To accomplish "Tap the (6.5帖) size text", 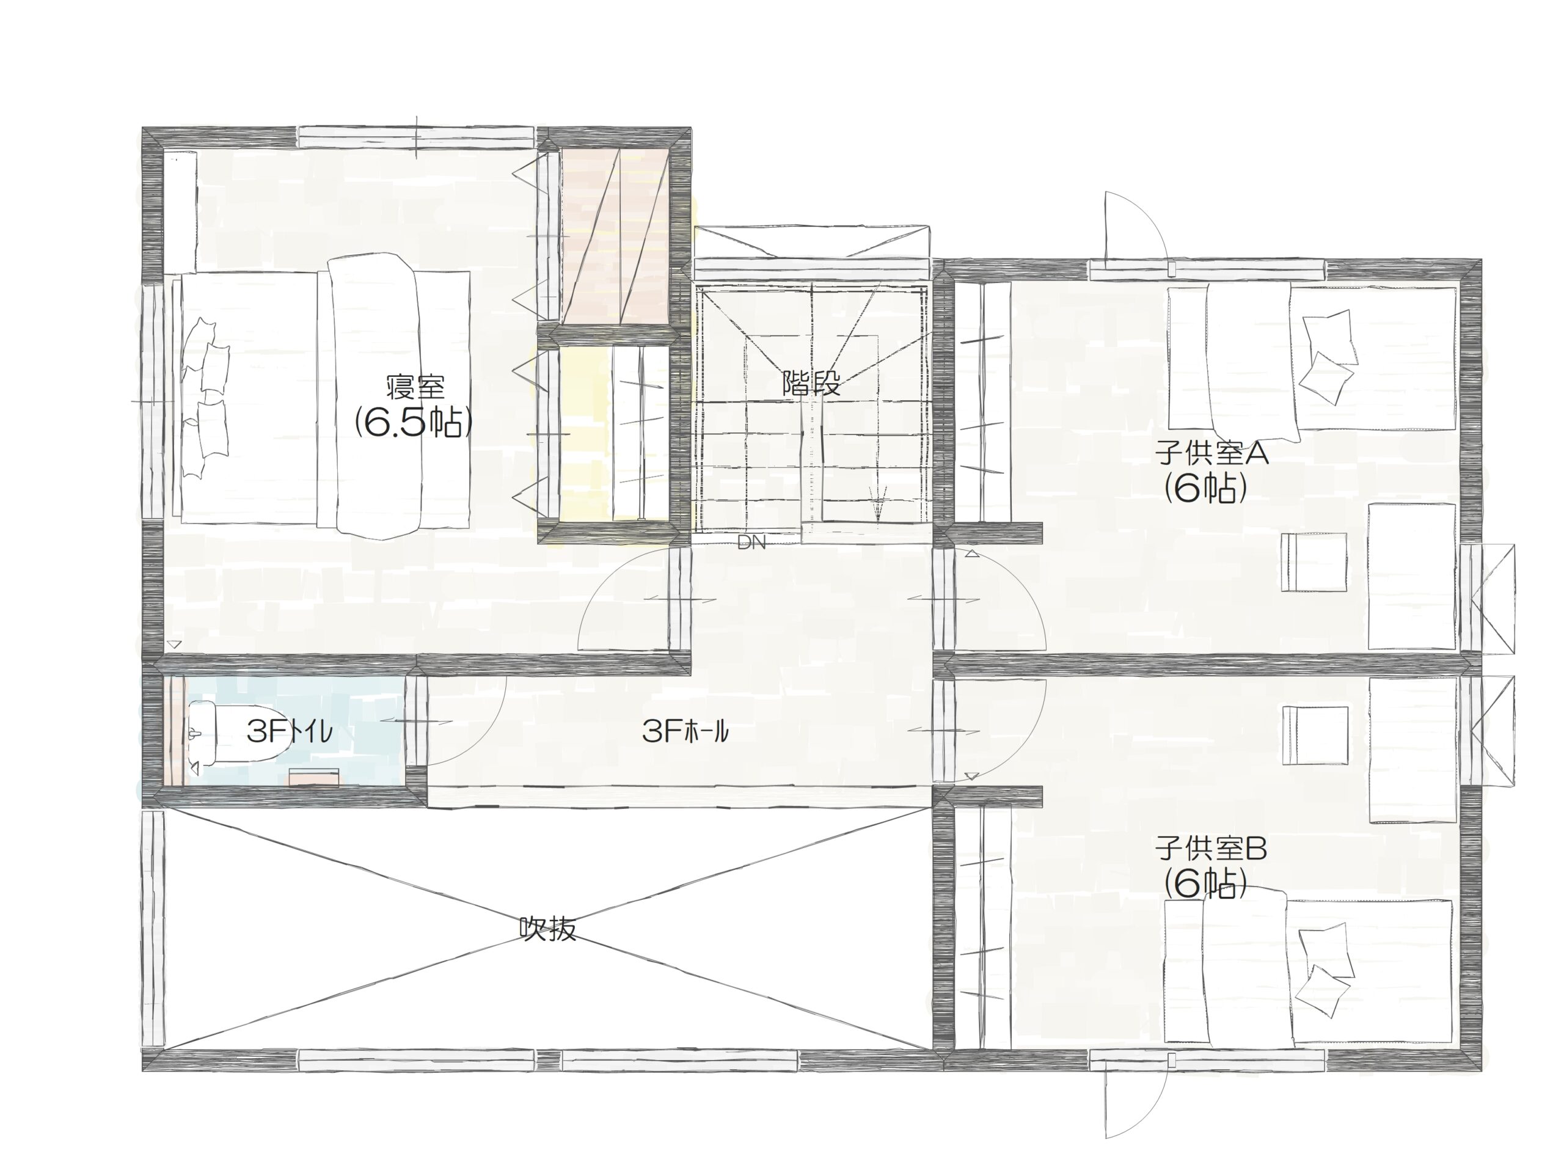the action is tap(413, 423).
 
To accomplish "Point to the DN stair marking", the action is tap(751, 543).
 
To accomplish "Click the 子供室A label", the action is tap(1212, 453).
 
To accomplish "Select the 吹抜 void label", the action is tap(548, 929).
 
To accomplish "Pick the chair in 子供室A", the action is tap(1314, 562).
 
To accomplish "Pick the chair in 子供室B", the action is tap(1314, 736).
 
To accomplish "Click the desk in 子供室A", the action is tap(1412, 576).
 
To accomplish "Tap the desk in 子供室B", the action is tap(1412, 750).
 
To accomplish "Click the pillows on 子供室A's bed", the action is tap(1328, 357).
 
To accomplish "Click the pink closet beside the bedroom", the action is tap(615, 237).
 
